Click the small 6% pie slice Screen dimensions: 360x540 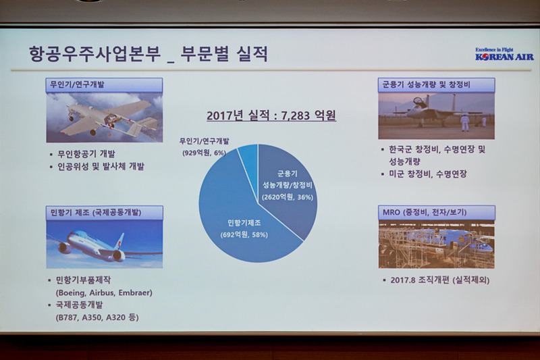click(x=248, y=159)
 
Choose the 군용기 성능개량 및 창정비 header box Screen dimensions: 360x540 click(x=436, y=85)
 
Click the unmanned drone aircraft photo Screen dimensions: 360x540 click(x=104, y=117)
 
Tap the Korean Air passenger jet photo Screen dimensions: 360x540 click(x=104, y=244)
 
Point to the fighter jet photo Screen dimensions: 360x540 click(x=436, y=115)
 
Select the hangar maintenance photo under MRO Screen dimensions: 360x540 click(x=436, y=244)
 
